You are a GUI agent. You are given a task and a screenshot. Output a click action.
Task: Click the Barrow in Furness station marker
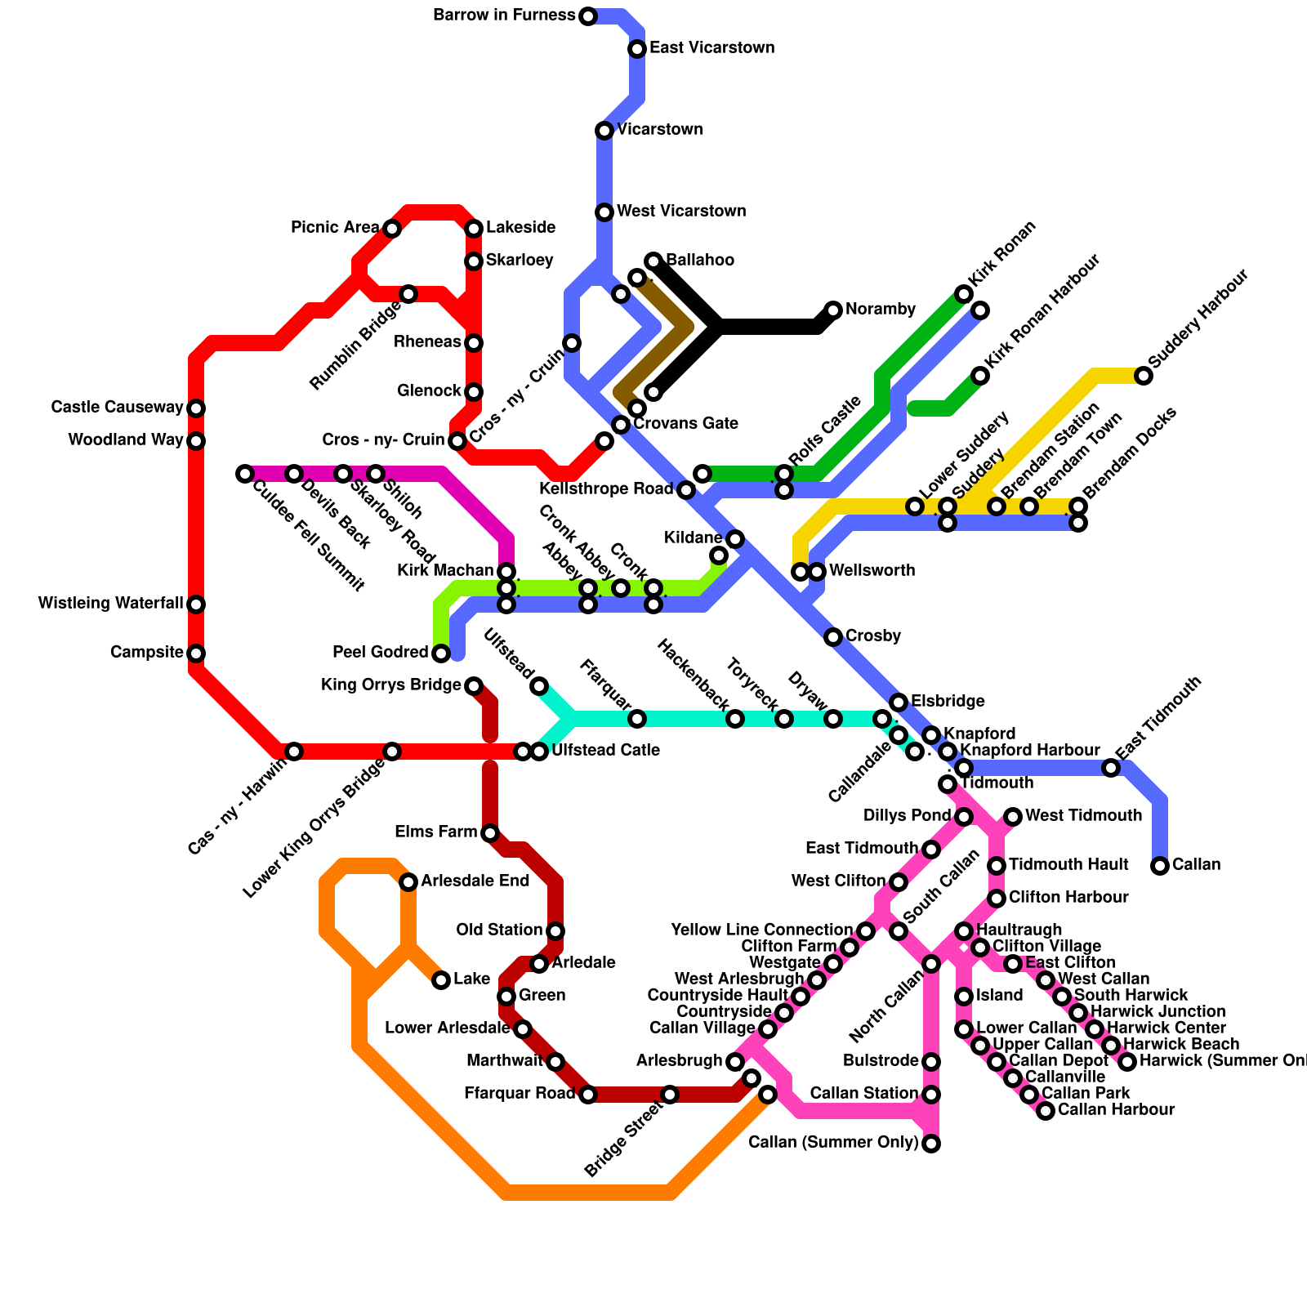pos(588,16)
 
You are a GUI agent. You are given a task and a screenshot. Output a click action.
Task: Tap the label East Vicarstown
pos(711,48)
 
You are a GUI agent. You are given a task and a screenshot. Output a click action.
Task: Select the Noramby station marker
pos(833,310)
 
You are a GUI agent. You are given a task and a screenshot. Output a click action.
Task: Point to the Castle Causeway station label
pos(117,408)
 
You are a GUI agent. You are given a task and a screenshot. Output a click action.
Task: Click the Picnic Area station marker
pos(392,229)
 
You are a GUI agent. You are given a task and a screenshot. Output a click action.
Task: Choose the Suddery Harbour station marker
pos(1144,376)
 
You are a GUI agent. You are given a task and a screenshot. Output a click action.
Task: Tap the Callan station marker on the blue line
pos(1160,866)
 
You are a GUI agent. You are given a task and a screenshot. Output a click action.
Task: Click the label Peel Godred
pos(380,653)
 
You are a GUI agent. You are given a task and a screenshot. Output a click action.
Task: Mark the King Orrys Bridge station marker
pos(474,686)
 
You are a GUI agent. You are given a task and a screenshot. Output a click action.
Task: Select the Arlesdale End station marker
pos(408,882)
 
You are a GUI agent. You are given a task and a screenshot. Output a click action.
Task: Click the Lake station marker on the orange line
pos(441,980)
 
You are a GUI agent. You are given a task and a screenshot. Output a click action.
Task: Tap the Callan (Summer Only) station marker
pos(931,1144)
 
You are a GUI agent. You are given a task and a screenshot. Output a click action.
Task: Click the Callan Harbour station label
pos(1116,1110)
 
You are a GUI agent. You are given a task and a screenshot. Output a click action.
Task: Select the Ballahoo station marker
pos(653,261)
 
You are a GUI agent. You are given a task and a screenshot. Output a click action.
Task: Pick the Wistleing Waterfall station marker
pos(196,604)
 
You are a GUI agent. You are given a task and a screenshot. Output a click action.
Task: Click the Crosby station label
pos(872,636)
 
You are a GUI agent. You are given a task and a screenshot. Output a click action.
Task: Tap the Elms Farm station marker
pos(490,833)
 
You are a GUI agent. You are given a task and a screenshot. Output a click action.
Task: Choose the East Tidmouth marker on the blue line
pos(1111,768)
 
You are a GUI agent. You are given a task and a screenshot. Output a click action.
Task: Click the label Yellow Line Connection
pos(761,930)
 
